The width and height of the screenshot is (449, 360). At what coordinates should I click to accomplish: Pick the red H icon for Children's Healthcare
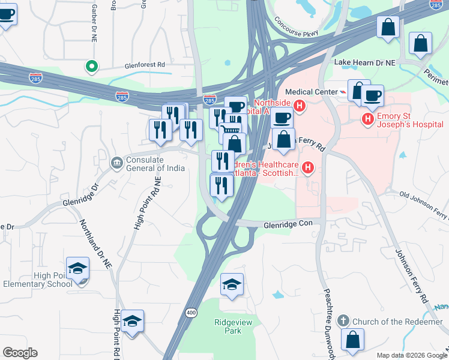tap(309, 167)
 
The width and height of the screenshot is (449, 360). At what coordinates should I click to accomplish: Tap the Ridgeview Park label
tap(228, 326)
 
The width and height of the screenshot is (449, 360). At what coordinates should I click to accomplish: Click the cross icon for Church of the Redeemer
tap(343, 321)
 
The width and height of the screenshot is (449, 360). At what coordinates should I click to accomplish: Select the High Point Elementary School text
tap(37, 280)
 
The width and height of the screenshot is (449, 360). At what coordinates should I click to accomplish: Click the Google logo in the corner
tap(20, 353)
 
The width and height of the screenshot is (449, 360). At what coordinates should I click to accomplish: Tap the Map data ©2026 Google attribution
tap(411, 355)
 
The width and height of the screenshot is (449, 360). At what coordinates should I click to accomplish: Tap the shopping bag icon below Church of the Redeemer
tap(352, 340)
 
